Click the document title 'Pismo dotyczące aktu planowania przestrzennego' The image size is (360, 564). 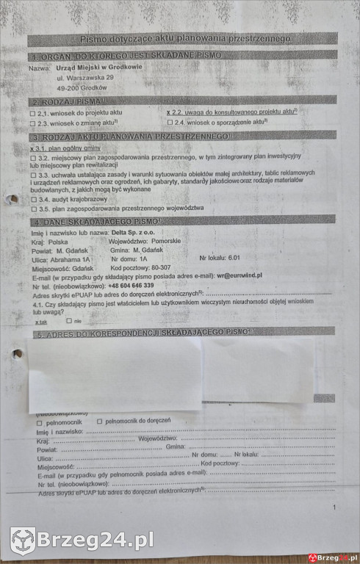[x=184, y=39]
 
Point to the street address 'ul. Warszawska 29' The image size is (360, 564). [x=85, y=77]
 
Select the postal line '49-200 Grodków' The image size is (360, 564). [x=82, y=87]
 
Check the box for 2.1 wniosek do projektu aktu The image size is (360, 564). [x=32, y=114]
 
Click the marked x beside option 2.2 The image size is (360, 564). [x=169, y=112]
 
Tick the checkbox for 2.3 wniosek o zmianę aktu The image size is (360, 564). [x=32, y=123]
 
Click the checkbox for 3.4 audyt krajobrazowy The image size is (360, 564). [x=33, y=199]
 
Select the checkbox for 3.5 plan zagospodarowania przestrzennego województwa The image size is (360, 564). [x=33, y=209]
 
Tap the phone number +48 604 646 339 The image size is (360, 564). [x=131, y=285]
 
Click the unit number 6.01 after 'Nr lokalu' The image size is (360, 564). [x=234, y=258]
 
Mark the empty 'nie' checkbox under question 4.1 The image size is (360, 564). [x=68, y=321]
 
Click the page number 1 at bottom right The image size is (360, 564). [x=334, y=507]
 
